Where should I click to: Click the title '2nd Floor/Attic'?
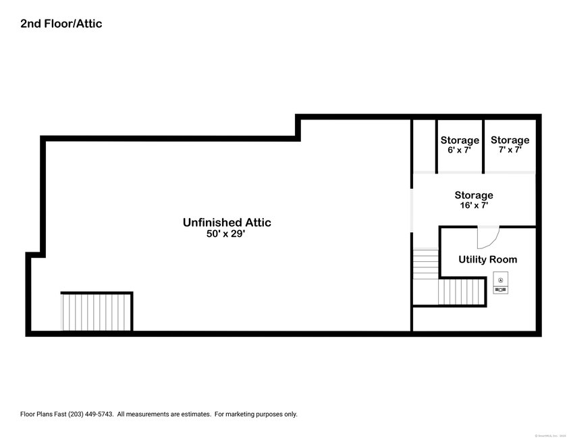click(x=61, y=24)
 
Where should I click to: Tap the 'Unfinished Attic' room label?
click(x=227, y=222)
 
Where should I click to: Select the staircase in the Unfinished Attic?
click(x=97, y=312)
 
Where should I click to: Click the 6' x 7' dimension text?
click(x=459, y=150)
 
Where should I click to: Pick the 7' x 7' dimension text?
click(x=510, y=150)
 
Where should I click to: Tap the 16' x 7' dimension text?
click(x=473, y=205)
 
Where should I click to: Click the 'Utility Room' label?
click(x=487, y=259)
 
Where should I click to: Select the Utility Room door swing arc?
click(x=488, y=238)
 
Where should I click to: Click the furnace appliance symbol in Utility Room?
click(x=501, y=283)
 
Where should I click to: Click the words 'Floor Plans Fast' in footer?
click(x=43, y=414)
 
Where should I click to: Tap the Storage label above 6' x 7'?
click(x=460, y=140)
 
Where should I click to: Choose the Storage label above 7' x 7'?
click(x=510, y=140)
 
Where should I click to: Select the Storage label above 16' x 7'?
click(x=473, y=195)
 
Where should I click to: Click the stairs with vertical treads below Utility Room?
click(x=462, y=292)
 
